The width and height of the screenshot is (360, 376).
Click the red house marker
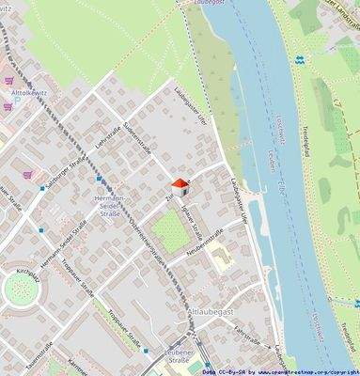(177, 185)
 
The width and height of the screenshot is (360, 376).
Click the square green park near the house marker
(171, 232)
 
